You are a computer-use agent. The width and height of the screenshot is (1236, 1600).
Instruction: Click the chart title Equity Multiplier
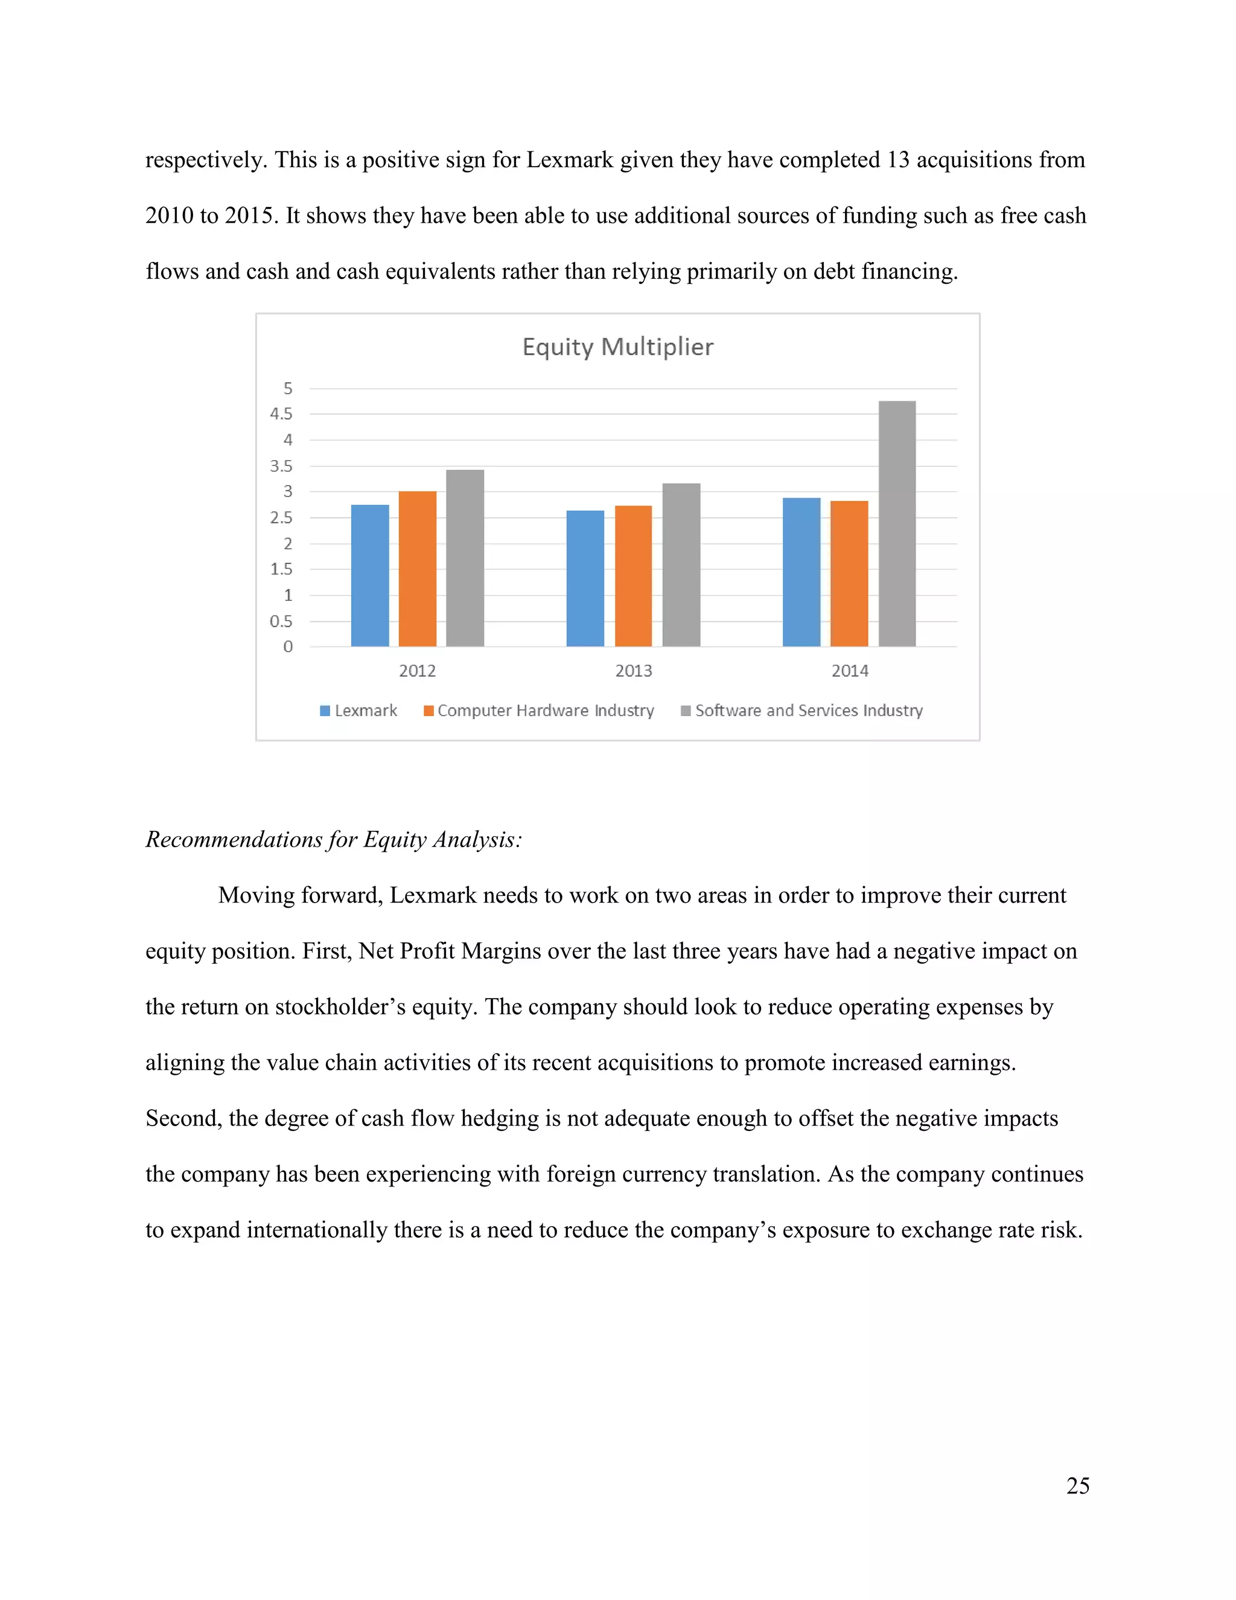point(617,347)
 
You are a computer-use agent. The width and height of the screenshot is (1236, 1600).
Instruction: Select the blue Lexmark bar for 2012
point(370,576)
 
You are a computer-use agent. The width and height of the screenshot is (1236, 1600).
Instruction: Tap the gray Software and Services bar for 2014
point(897,524)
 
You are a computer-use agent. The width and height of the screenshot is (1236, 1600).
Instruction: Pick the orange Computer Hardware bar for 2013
point(633,576)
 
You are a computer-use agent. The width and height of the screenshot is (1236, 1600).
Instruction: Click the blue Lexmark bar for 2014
point(801,572)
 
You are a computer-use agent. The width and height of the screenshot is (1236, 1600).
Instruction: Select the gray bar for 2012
point(465,558)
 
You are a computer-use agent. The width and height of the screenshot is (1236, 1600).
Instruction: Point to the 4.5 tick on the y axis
point(281,414)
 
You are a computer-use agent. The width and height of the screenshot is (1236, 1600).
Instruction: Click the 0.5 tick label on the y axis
point(281,621)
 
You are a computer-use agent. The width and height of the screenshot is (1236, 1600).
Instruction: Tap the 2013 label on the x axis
point(633,670)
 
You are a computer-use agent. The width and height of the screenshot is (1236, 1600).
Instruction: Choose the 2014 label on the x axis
point(849,670)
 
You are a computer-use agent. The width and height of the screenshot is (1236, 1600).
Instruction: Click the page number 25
point(1078,1485)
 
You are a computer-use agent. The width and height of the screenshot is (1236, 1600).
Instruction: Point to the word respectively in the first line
point(206,161)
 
